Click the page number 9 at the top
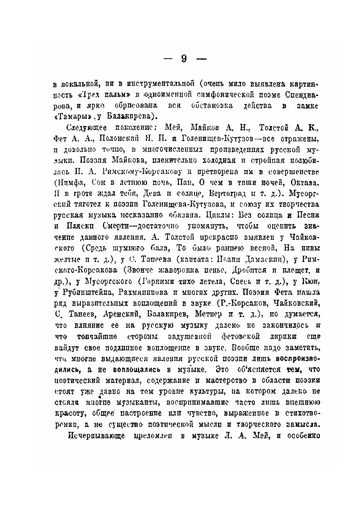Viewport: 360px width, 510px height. [x=183, y=59]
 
